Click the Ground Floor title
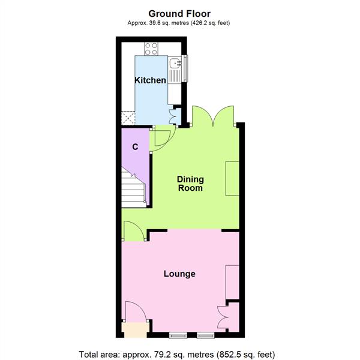pos(180,13)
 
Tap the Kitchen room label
pos(150,80)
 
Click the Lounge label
pos(180,274)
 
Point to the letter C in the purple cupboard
pos(136,146)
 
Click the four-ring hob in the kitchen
pos(150,49)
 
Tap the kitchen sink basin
pos(175,63)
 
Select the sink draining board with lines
pos(175,77)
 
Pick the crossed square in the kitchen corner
pos(128,118)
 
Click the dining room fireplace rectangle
pos(231,179)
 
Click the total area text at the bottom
pos(180,352)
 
